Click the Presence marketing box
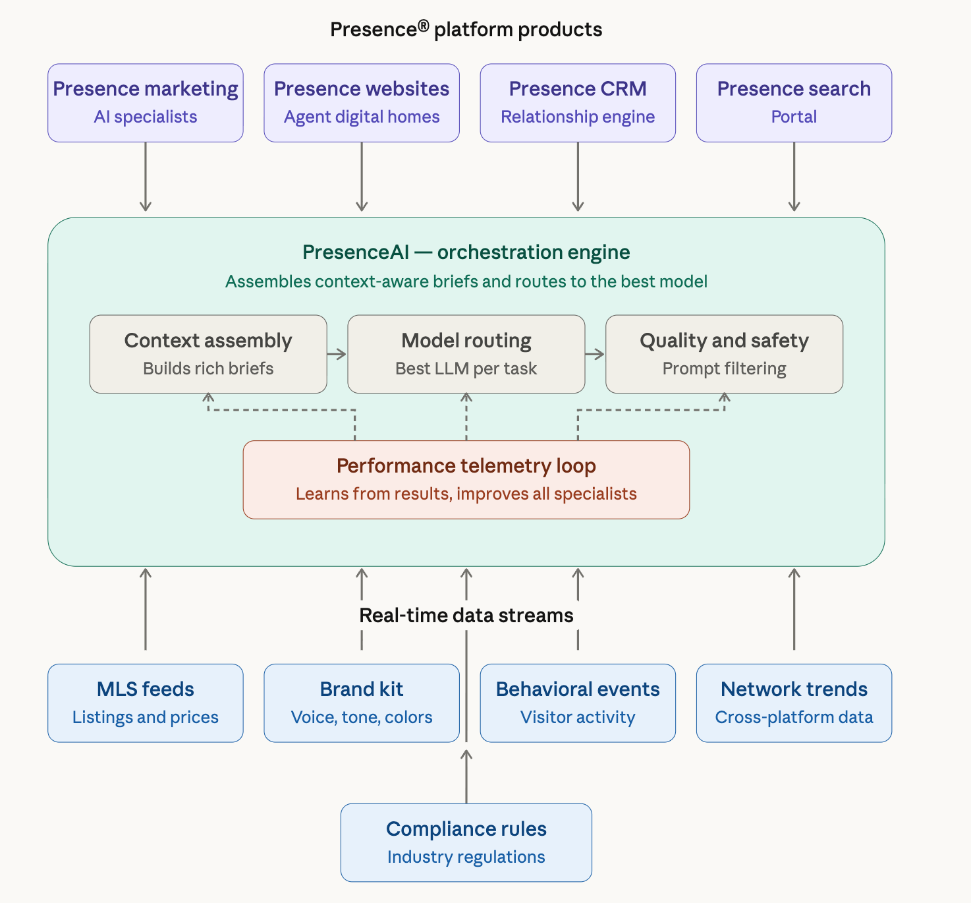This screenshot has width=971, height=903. point(146,103)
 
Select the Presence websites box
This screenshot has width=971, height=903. point(362,103)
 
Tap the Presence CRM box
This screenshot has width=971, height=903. point(578,103)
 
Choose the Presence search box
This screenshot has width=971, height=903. point(794,103)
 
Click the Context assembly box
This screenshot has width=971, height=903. point(208,354)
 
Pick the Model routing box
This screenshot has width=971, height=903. point(466,354)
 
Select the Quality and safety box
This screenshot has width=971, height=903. point(724,354)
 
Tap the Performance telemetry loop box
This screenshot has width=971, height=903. point(466,480)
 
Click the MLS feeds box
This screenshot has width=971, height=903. point(146,703)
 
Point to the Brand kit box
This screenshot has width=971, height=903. point(362,703)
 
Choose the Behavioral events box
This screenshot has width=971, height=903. point(578,703)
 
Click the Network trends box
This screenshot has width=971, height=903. point(794,703)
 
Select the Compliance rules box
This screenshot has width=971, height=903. point(466,842)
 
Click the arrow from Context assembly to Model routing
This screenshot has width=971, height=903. point(337,355)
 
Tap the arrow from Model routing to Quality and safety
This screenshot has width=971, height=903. point(595,355)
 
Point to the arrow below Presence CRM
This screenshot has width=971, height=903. point(578,177)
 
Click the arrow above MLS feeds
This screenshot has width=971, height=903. point(146,608)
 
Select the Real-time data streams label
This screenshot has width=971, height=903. point(466,616)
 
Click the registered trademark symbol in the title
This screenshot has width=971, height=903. point(423,26)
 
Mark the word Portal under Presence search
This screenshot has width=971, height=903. point(794,117)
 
